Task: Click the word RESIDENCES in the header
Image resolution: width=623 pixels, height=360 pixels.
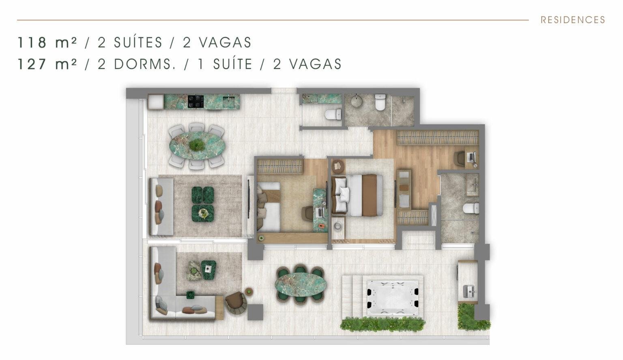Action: click(573, 20)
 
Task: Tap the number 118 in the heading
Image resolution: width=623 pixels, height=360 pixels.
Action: click(32, 43)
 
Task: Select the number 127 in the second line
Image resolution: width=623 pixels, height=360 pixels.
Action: click(32, 64)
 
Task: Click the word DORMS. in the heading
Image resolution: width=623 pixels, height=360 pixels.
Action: click(145, 64)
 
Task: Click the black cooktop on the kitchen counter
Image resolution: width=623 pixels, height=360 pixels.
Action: click(196, 101)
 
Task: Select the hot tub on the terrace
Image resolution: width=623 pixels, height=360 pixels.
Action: click(393, 297)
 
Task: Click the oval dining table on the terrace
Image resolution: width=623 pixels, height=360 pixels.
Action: click(301, 285)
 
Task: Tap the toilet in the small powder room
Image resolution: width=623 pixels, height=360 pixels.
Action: click(333, 114)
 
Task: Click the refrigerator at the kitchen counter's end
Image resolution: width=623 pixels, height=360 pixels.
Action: click(156, 101)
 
